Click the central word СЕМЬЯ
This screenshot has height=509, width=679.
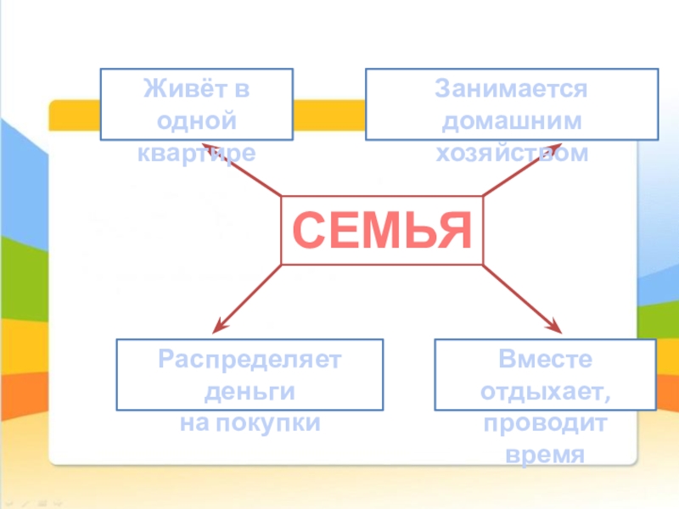(x=382, y=230)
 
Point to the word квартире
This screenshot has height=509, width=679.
(x=196, y=153)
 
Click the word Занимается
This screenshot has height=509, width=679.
(x=512, y=89)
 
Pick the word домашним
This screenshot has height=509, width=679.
(x=512, y=120)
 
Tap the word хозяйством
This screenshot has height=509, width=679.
(x=512, y=153)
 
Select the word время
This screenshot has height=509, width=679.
(x=545, y=455)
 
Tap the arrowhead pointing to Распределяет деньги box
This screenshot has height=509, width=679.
(x=221, y=326)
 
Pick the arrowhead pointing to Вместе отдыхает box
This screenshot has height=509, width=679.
(x=556, y=327)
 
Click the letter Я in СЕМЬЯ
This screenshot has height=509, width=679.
(x=453, y=230)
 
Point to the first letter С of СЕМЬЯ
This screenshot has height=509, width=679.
(x=309, y=230)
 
